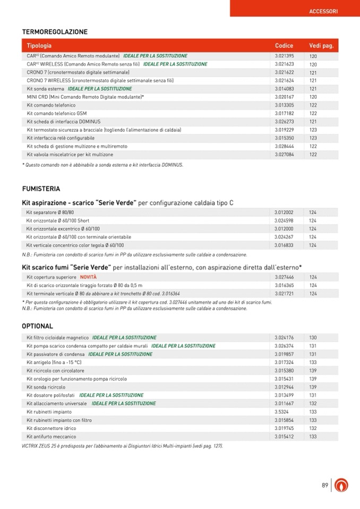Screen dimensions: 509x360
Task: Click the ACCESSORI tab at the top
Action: click(x=323, y=11)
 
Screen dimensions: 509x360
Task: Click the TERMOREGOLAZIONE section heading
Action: click(x=55, y=32)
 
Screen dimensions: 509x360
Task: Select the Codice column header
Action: click(x=284, y=46)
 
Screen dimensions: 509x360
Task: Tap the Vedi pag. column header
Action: click(x=321, y=46)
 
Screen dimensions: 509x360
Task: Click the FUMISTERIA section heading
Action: click(x=41, y=188)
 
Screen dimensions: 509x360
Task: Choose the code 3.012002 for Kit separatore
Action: click(x=284, y=212)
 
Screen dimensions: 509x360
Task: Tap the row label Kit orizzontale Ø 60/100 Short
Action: click(x=58, y=221)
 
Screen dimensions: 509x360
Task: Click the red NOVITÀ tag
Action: click(x=88, y=277)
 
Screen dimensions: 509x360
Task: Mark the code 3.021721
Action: click(x=284, y=294)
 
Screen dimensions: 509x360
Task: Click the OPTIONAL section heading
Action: click(x=37, y=326)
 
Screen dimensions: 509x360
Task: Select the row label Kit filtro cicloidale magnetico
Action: click(x=57, y=338)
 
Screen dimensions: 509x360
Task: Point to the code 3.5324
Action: click(x=281, y=412)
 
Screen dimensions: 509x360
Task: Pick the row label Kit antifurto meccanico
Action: click(x=52, y=437)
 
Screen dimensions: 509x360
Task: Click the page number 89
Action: click(x=325, y=485)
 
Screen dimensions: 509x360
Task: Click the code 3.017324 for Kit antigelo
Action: click(x=284, y=363)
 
